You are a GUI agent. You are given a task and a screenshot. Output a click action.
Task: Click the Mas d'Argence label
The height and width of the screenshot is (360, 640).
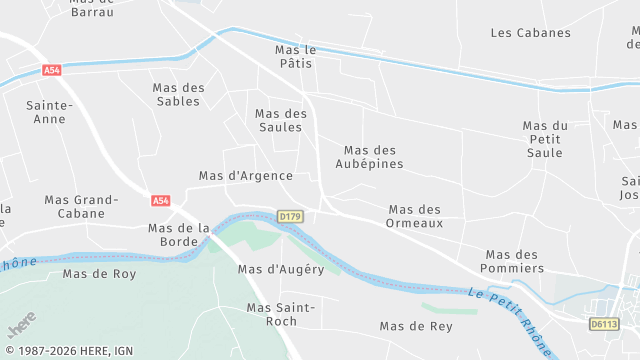coord(245,176)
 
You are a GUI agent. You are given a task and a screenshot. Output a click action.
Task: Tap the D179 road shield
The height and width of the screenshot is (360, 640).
coord(290,216)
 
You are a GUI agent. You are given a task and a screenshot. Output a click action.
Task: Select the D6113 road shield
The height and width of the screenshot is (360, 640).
coord(603,323)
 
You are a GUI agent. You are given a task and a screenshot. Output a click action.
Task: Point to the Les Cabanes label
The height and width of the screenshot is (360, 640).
coord(531,33)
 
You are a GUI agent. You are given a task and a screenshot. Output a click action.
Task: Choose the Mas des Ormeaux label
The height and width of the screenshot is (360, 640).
coord(415,216)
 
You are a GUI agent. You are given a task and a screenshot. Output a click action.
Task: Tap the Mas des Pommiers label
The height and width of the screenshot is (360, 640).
coord(514,261)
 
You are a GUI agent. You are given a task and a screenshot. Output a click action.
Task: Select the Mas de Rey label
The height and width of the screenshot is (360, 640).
coord(415,326)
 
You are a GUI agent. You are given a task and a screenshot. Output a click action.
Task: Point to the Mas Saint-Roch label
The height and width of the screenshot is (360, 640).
coord(281,314)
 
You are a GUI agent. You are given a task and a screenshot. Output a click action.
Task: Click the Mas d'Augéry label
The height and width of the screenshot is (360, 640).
coord(281,269)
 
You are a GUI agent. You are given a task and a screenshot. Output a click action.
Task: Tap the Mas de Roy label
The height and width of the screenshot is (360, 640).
coord(99,273)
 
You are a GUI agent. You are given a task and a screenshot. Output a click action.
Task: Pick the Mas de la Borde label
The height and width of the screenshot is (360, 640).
coord(178,234)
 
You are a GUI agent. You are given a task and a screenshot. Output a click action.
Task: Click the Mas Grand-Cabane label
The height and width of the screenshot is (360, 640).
coord(88,206)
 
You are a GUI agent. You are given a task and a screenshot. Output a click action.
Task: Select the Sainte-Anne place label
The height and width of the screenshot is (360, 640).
coord(49,112)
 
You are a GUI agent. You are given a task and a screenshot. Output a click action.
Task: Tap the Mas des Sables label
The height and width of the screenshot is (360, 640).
coord(178,94)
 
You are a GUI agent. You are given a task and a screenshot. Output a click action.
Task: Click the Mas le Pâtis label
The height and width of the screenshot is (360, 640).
coord(294,56)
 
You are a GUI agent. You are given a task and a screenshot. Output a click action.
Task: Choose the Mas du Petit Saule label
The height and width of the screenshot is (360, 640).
coord(545,139)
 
